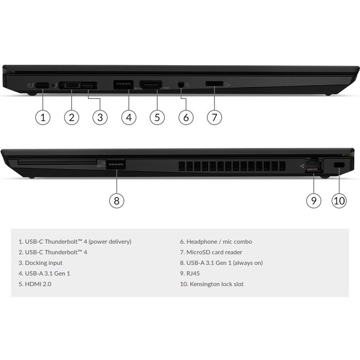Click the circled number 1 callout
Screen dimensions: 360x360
click(43, 117)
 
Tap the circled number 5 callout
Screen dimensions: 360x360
click(157, 117)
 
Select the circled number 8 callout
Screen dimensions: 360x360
click(116, 200)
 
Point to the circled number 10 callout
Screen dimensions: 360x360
click(339, 200)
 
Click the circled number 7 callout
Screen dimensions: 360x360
click(214, 117)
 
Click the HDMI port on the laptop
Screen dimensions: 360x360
click(151, 85)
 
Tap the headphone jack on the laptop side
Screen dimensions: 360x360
click(182, 85)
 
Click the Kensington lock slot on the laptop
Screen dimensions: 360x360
click(339, 164)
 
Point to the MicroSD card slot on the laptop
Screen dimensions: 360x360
click(214, 84)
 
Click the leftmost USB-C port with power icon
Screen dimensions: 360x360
click(43, 85)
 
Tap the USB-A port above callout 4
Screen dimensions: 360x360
click(123, 85)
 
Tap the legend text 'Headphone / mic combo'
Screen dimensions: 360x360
click(215, 242)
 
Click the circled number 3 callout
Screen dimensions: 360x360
click(100, 117)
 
